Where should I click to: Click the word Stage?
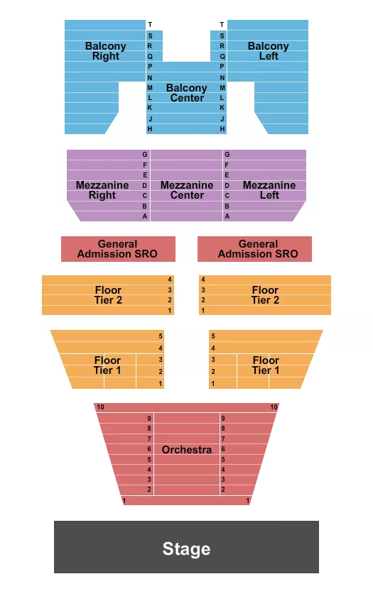186,548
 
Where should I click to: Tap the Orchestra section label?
187,450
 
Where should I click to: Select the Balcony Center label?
187,93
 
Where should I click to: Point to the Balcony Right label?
106,51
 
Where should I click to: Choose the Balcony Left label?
268,51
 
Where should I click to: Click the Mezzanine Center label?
187,190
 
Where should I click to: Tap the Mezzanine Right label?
102,190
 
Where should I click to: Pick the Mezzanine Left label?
269,190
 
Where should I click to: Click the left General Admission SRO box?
117,249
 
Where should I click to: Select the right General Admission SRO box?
254,249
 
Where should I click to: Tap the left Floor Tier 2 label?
108,295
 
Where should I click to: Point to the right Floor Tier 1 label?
266,365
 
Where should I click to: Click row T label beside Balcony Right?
150,25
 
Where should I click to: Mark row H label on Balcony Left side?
222,129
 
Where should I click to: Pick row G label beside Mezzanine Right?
145,154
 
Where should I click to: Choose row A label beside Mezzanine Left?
227,216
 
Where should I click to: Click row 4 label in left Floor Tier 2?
170,280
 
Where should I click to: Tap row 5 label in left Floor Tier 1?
161,336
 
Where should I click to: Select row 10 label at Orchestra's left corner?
101,407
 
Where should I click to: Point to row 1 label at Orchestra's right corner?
248,501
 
